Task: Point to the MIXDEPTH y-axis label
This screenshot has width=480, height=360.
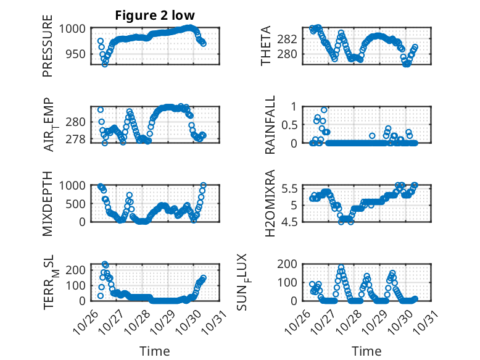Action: coord(48,204)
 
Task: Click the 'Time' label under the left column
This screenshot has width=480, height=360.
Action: coord(154,351)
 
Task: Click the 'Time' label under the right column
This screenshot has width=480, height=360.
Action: coord(366,351)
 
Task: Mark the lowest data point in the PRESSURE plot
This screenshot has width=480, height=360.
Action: coord(105,64)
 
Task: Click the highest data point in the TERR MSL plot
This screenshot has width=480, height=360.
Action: coord(105,264)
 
